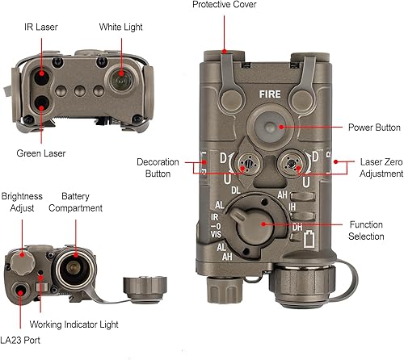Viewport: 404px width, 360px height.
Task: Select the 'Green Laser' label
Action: tap(40, 153)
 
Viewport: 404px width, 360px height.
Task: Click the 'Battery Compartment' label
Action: tap(75, 202)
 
